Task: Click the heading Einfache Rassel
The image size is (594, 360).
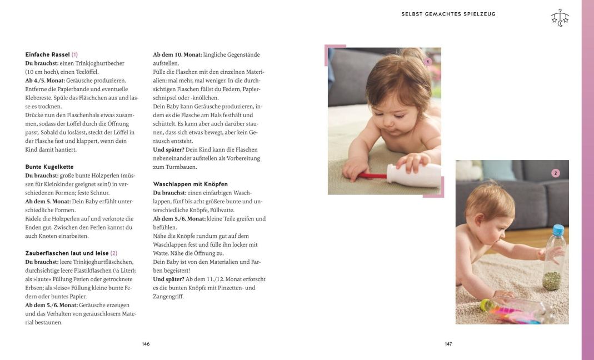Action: pyautogui.click(x=48, y=54)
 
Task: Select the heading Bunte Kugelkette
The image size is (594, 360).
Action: pyautogui.click(x=49, y=167)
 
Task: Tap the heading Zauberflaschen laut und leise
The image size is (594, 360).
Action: pyautogui.click(x=67, y=253)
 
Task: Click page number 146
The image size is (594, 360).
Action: pyautogui.click(x=146, y=344)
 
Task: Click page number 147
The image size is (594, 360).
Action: pyautogui.click(x=448, y=344)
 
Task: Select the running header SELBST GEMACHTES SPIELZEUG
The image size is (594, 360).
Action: pyautogui.click(x=448, y=14)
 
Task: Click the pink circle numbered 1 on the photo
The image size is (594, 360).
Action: pyautogui.click(x=427, y=62)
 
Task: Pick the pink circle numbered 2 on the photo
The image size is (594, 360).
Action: pyautogui.click(x=555, y=173)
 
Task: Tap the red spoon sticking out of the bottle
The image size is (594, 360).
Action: pyautogui.click(x=373, y=176)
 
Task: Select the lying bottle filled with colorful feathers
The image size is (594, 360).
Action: pyautogui.click(x=514, y=311)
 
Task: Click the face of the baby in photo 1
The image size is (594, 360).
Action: pyautogui.click(x=401, y=104)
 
